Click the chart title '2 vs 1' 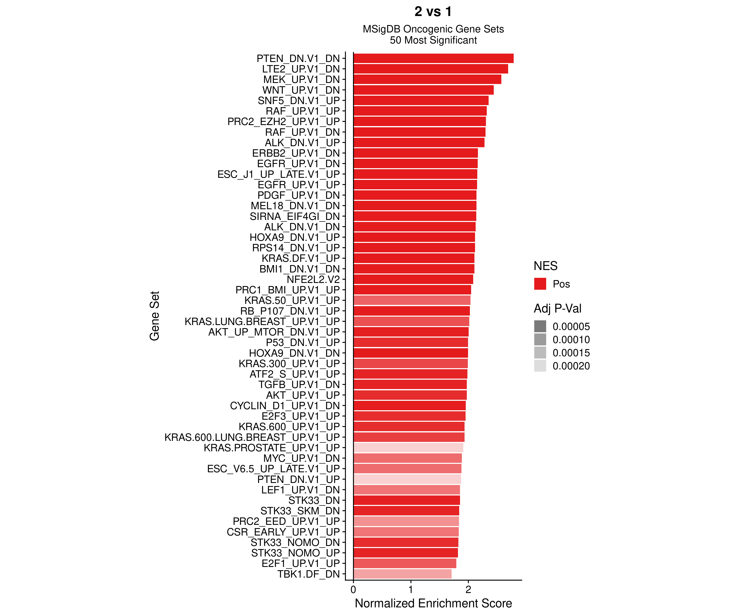click(433, 12)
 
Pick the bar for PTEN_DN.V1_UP click(407, 479)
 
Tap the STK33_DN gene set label click(314, 500)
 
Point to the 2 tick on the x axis click(468, 590)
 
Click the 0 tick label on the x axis click(353, 590)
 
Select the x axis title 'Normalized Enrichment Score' click(433, 603)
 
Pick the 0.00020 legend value click(571, 366)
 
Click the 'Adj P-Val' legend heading click(557, 308)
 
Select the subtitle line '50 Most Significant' click(433, 40)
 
